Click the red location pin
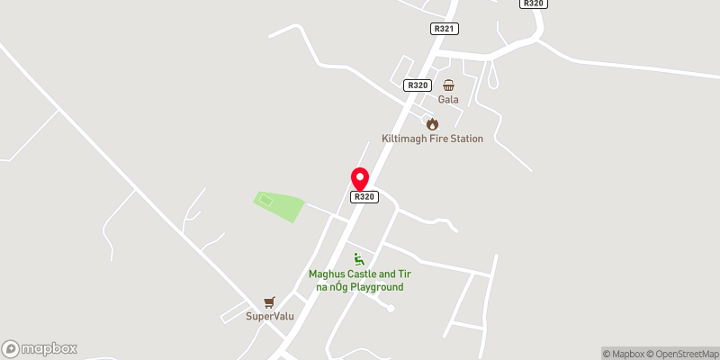point(360,177)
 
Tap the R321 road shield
point(445,29)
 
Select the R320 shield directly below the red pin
point(364,197)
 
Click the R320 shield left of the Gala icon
point(417,85)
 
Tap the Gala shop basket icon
point(448,85)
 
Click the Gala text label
point(448,100)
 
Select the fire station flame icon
point(432,123)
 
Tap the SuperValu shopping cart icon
point(268,301)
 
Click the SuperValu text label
point(271,316)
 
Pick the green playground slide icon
point(359,258)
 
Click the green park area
point(281,206)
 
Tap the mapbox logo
point(40,348)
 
